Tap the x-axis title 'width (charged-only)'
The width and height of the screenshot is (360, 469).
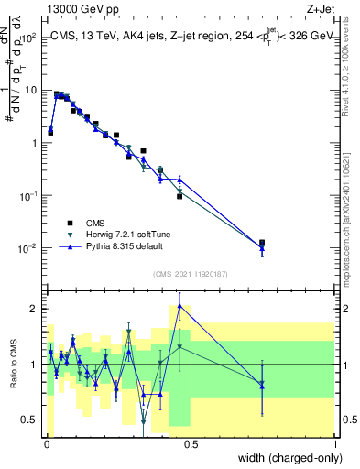click(286, 458)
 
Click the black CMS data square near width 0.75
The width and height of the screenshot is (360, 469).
click(262, 243)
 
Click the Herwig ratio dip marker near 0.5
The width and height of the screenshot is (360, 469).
click(144, 420)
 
